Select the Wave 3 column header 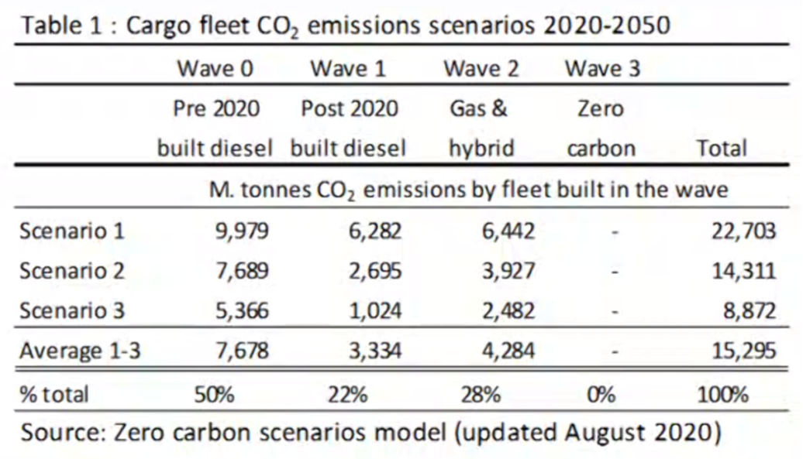pos(602,69)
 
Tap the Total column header pos(722,149)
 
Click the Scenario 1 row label pos(72,231)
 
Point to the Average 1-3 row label pos(81,351)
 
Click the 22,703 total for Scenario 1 pos(743,231)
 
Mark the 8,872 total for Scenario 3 pos(749,310)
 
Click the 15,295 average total pos(743,351)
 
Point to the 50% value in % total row pos(215,395)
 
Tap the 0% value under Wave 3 pos(601,395)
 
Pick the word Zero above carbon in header pos(601,109)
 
